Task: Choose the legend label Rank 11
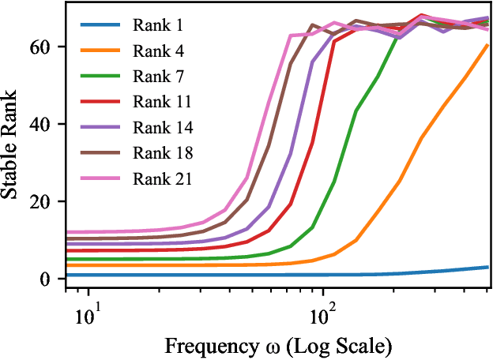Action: (x=160, y=101)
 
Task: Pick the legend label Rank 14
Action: (x=160, y=126)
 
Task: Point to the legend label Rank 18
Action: (x=160, y=152)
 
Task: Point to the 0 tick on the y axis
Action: (x=49, y=279)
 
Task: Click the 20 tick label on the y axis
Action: (x=44, y=201)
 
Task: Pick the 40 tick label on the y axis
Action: (x=44, y=124)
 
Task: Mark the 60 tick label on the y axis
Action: (x=44, y=47)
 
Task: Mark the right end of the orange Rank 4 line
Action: (x=487, y=45)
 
